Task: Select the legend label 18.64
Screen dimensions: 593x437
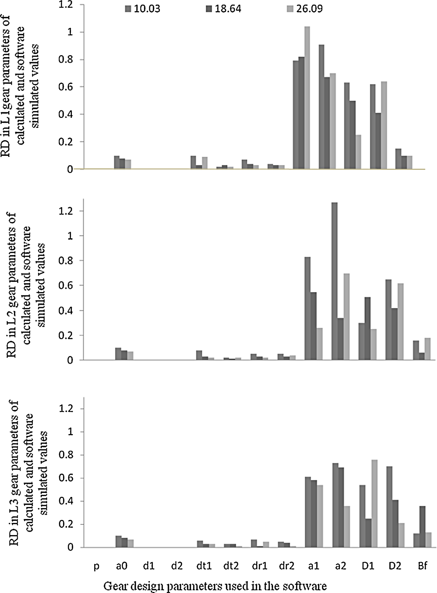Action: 228,9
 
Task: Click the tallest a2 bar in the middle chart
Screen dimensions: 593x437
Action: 335,281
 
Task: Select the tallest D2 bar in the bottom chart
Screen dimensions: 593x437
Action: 389,507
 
